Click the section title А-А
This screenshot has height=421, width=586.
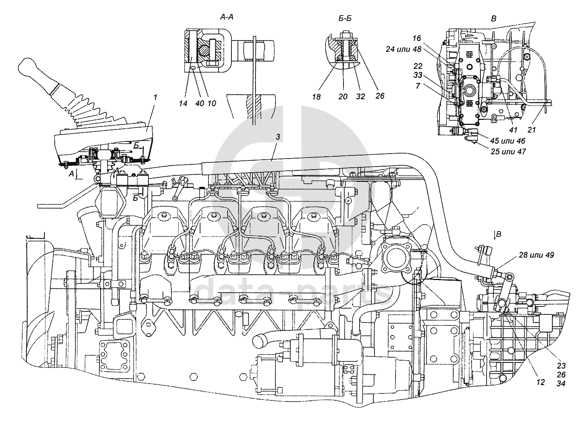click(x=226, y=18)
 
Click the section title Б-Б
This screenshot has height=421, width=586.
click(x=345, y=19)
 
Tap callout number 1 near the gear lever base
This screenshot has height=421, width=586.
click(x=155, y=98)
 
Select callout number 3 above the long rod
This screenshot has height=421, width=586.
click(x=278, y=137)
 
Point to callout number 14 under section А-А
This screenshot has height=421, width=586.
click(x=183, y=104)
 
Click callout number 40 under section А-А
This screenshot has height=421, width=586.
click(x=200, y=104)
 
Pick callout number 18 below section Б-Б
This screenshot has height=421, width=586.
click(x=316, y=97)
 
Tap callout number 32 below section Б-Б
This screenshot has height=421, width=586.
click(x=360, y=97)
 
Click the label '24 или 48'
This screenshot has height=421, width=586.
click(x=404, y=49)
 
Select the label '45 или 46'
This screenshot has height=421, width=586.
click(x=508, y=141)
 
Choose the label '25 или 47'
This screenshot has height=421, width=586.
click(x=508, y=152)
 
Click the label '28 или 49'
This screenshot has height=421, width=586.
click(x=536, y=255)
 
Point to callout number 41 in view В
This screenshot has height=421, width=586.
click(x=513, y=130)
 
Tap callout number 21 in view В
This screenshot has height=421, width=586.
click(x=532, y=130)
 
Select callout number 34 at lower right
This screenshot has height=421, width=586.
click(x=561, y=384)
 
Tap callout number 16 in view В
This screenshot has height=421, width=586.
click(x=417, y=39)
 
